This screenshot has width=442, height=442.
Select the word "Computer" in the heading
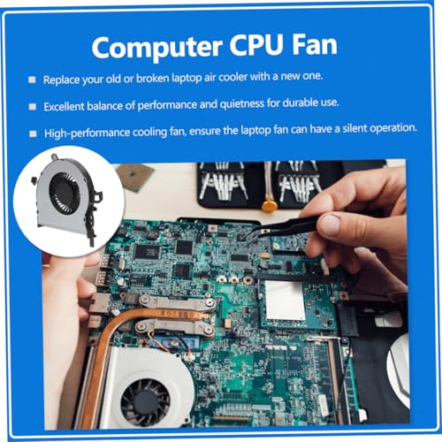pyautogui.click(x=156, y=48)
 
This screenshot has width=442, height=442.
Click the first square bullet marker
pyautogui.click(x=32, y=80)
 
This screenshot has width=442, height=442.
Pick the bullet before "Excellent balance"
pyautogui.click(x=32, y=106)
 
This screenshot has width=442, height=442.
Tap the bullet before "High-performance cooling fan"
pyautogui.click(x=33, y=133)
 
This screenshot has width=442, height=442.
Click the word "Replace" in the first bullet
pyautogui.click(x=61, y=80)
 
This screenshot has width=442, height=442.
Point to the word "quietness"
pyautogui.click(x=242, y=103)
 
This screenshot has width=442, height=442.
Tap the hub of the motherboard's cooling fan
pyautogui.click(x=146, y=402)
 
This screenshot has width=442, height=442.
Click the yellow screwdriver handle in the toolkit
pyautogui.click(x=270, y=205)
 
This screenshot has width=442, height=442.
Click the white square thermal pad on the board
pyautogui.click(x=285, y=300)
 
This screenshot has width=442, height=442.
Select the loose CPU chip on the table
pyautogui.click(x=135, y=177)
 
